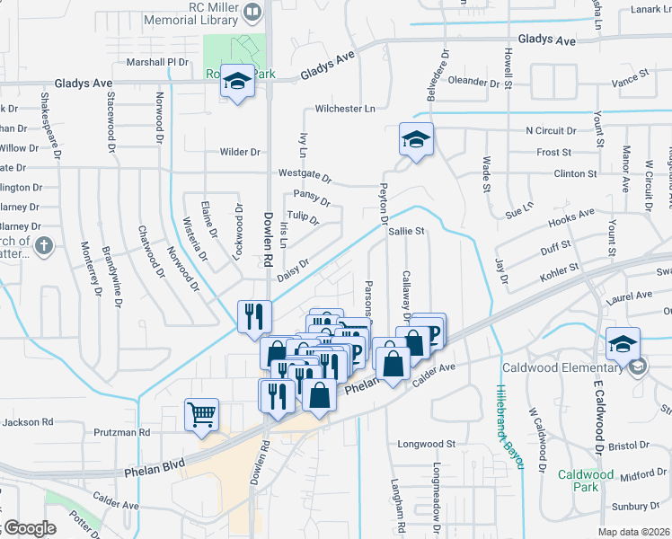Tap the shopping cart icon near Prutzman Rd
click(x=202, y=414)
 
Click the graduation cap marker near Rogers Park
click(x=237, y=83)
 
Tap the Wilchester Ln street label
click(x=345, y=109)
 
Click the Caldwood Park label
click(x=585, y=481)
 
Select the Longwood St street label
click(x=427, y=444)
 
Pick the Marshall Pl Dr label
click(x=158, y=62)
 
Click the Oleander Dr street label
click(x=473, y=82)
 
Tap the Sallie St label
click(x=406, y=231)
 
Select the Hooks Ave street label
click(x=571, y=216)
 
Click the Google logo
click(x=29, y=528)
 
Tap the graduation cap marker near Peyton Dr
click(x=416, y=139)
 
